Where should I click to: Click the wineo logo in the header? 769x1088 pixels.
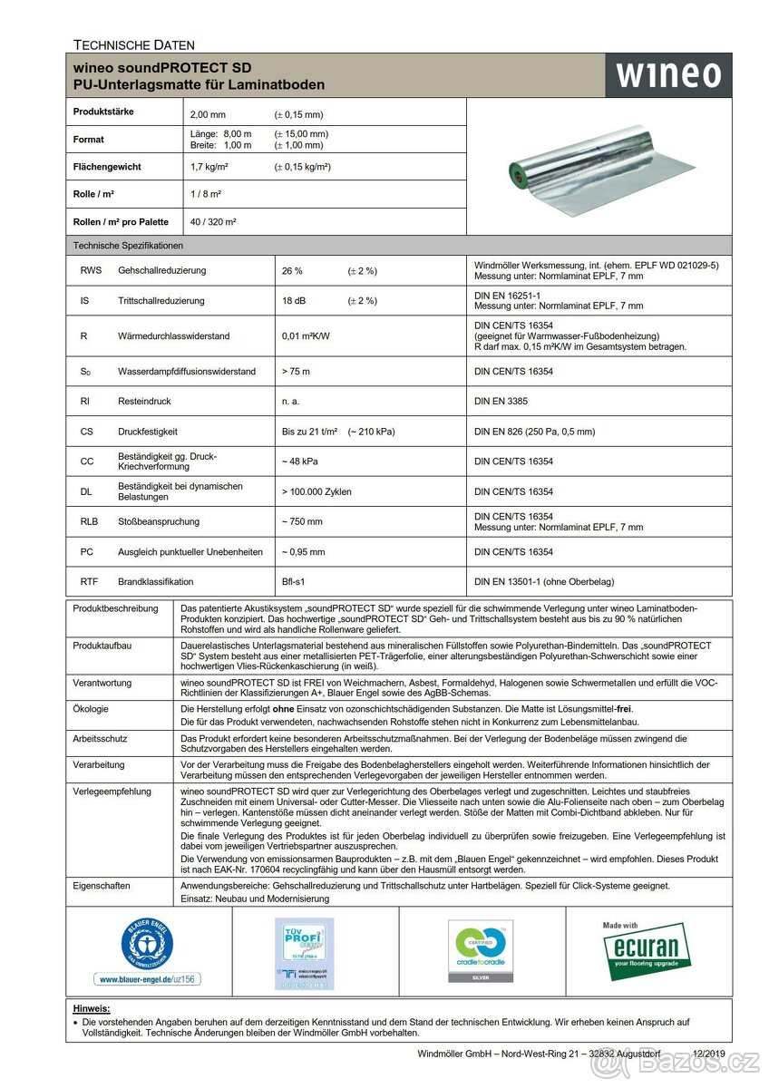click(x=668, y=75)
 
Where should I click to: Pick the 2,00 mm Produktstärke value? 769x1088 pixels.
click(x=208, y=115)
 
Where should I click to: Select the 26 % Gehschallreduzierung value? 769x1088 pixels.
click(x=293, y=271)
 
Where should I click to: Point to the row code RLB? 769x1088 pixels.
click(x=90, y=521)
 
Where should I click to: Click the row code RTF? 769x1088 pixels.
click(x=89, y=582)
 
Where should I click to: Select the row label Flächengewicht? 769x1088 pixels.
click(x=107, y=168)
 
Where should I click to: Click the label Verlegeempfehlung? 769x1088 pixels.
click(x=112, y=792)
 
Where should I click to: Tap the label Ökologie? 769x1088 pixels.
click(x=91, y=707)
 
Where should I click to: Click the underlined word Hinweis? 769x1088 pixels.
click(x=92, y=1008)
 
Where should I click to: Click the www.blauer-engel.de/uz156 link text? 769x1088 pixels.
click(x=148, y=979)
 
